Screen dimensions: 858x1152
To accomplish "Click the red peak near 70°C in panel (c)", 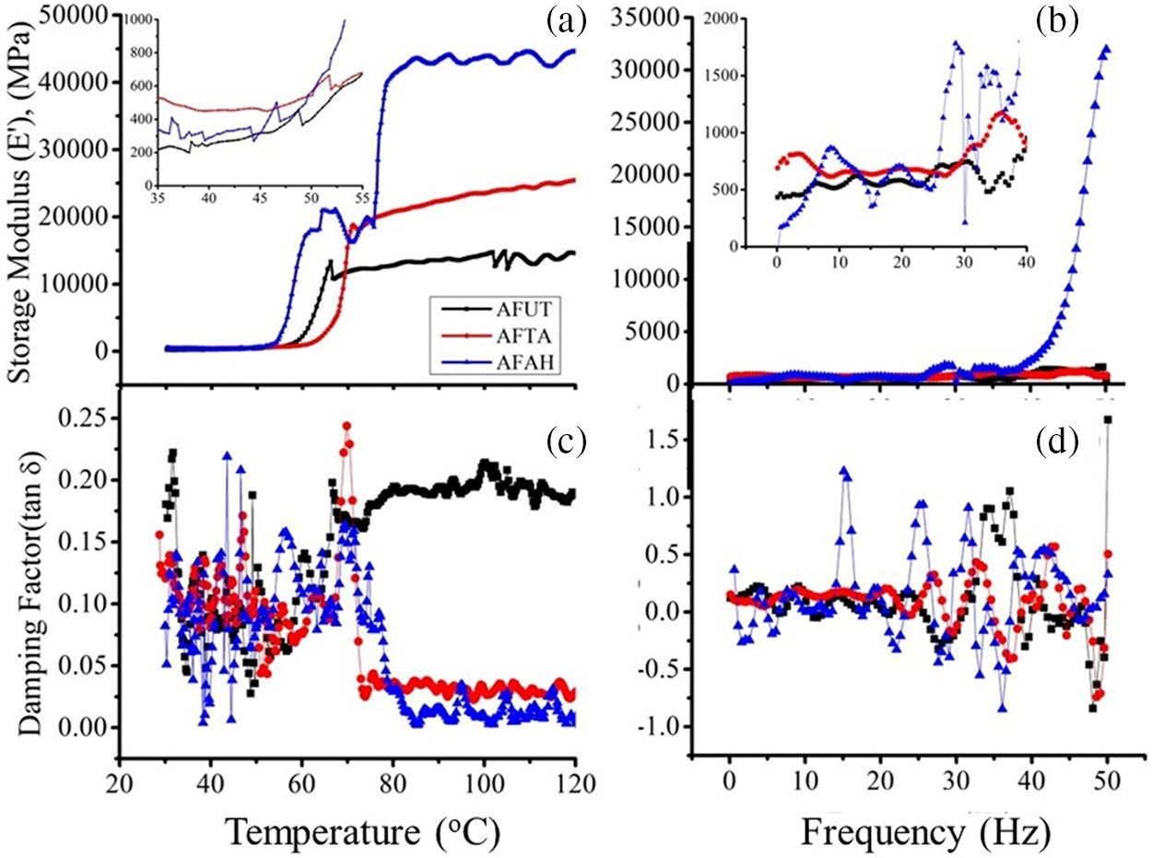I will pos(347,427).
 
